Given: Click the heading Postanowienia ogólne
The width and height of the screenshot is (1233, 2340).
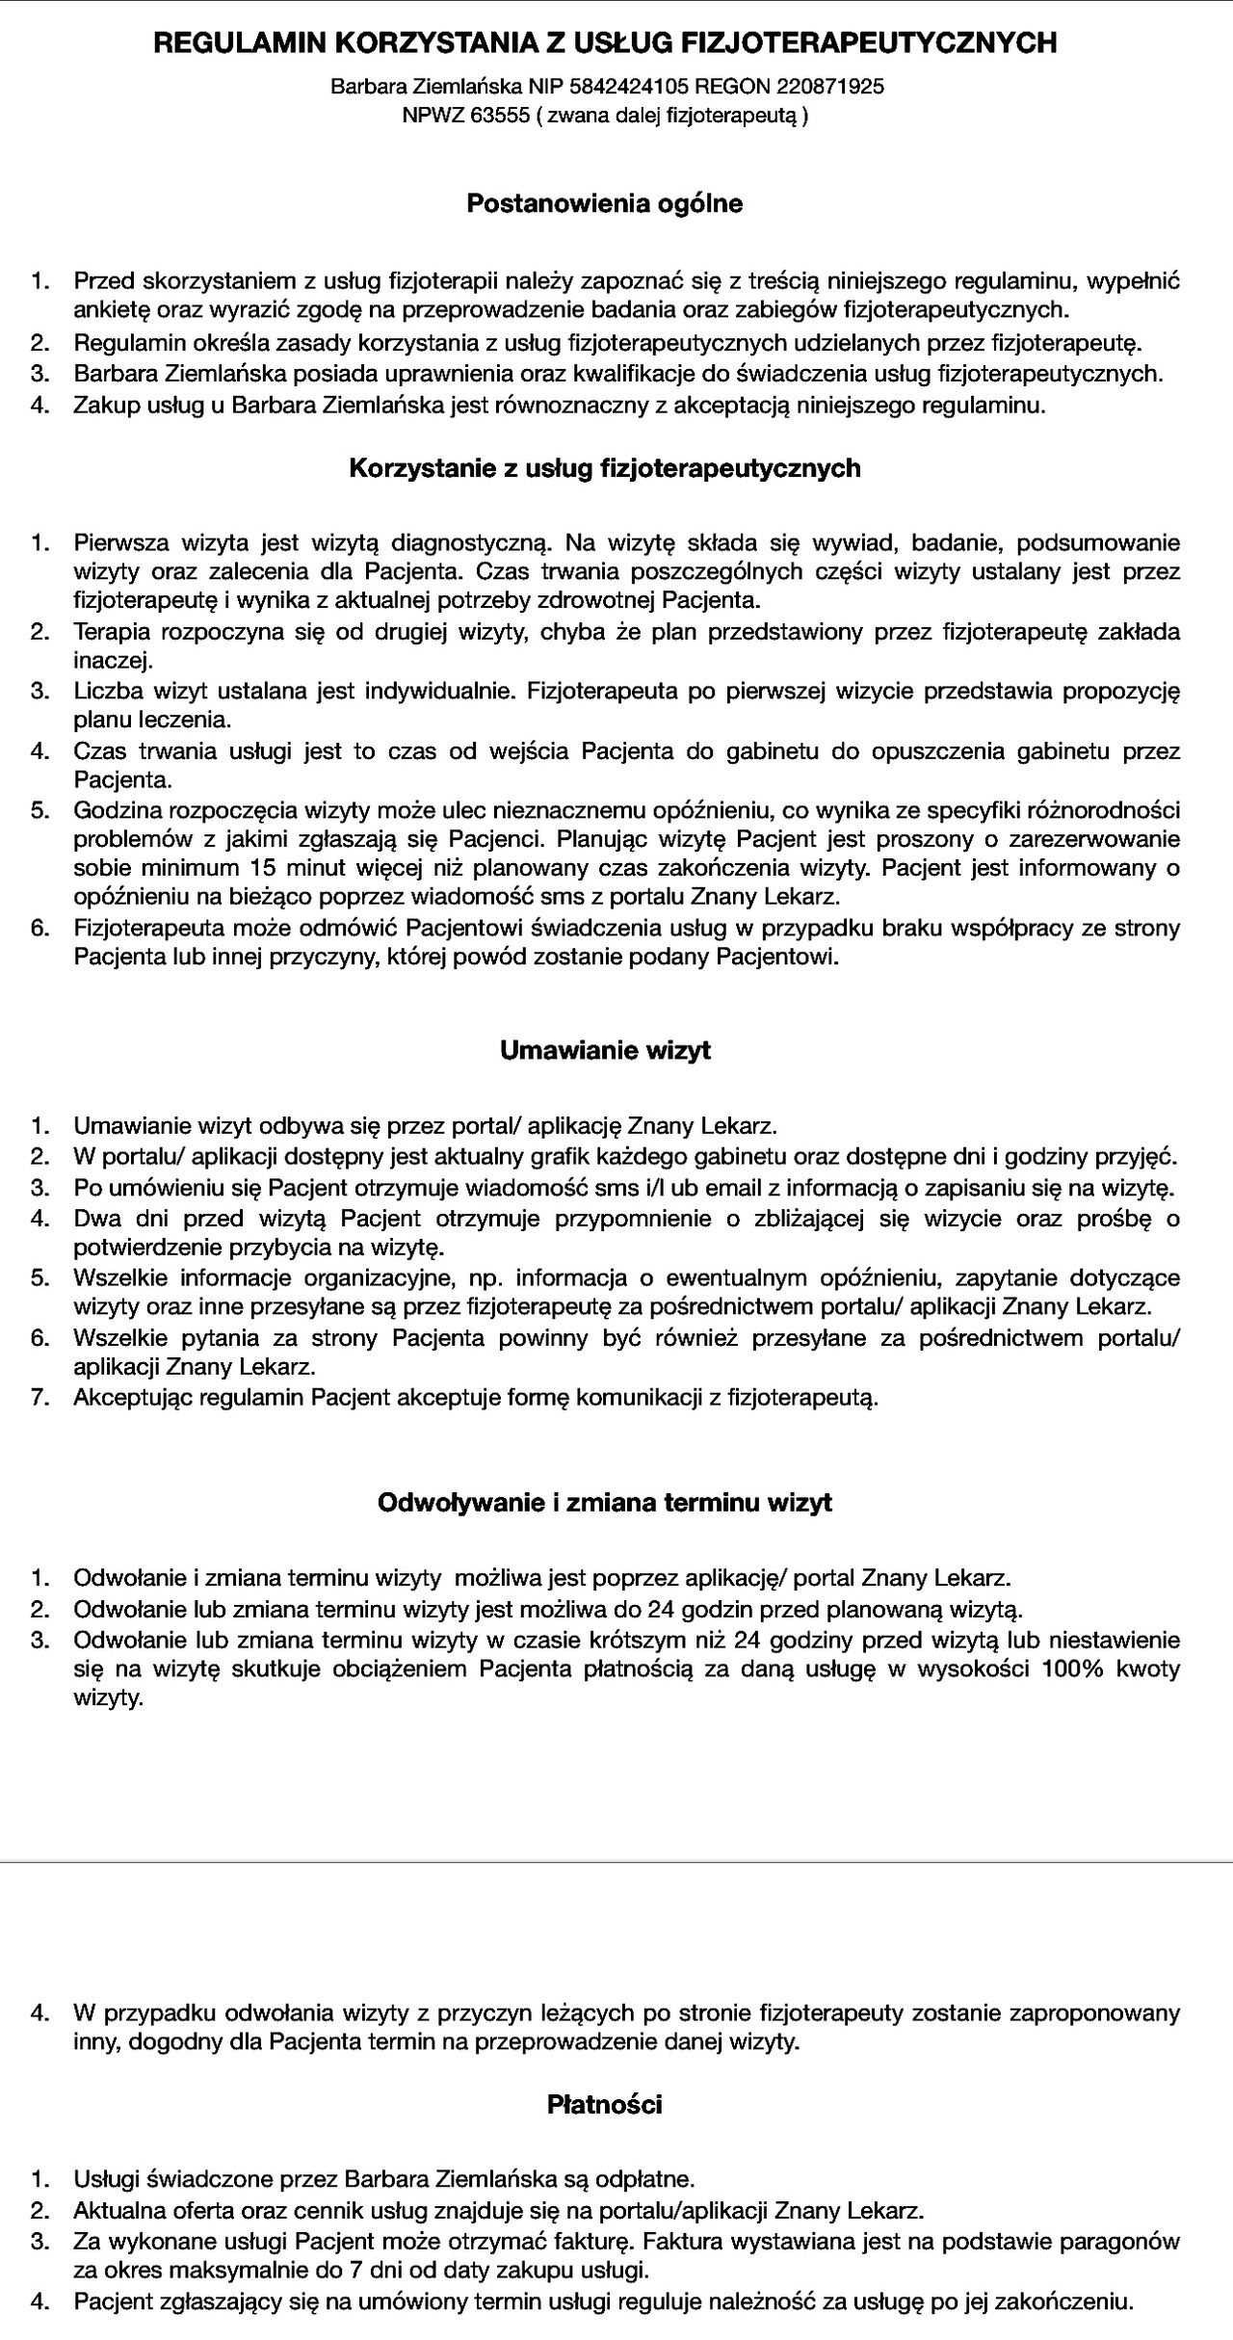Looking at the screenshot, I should point(605,204).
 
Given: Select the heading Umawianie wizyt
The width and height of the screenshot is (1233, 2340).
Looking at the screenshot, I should point(605,1050).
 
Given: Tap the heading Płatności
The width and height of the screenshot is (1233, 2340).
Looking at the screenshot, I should point(605,2105).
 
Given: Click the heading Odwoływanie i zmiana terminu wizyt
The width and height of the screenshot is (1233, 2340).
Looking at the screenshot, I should point(605,1503).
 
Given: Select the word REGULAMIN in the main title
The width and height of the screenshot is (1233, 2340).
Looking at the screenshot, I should point(226,42).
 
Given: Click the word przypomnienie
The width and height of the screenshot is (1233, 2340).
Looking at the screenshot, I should point(634,1219).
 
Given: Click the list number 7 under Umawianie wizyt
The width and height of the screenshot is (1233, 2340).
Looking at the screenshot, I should point(39,1397).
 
